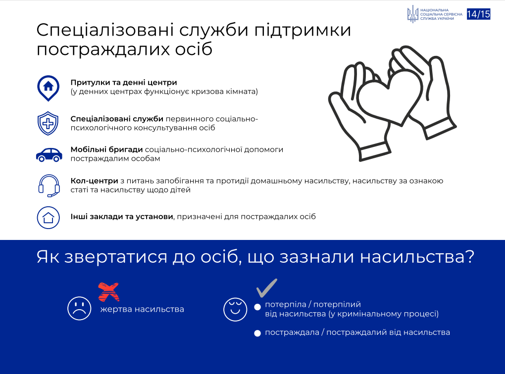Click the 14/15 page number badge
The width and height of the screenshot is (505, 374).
pyautogui.click(x=478, y=14)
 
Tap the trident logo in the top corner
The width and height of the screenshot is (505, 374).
pyautogui.click(x=412, y=14)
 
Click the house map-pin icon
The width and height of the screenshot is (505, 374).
pyautogui.click(x=49, y=88)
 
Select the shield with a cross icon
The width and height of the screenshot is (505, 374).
pyautogui.click(x=48, y=123)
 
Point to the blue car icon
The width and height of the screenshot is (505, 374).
pyautogui.click(x=49, y=154)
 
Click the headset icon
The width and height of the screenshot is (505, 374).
pyautogui.click(x=49, y=186)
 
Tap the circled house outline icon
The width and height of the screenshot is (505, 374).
pyautogui.click(x=49, y=218)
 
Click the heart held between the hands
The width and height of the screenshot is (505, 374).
pyautogui.click(x=390, y=97)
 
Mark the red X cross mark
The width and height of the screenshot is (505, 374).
pyautogui.click(x=108, y=291)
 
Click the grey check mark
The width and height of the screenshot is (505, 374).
pyautogui.click(x=267, y=288)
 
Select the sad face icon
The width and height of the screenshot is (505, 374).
pyautogui.click(x=79, y=308)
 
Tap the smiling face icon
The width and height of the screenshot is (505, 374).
pyautogui.click(x=235, y=309)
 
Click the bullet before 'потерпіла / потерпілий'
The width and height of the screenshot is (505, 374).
pyautogui.click(x=257, y=307)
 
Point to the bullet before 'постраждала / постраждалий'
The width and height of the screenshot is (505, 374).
pyautogui.click(x=257, y=333)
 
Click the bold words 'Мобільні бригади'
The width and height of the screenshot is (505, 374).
pyautogui.click(x=106, y=149)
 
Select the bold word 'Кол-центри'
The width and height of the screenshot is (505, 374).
pyautogui.click(x=95, y=181)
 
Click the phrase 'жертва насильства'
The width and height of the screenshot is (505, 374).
pyautogui.click(x=142, y=309)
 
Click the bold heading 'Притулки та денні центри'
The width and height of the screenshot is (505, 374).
pyautogui.click(x=124, y=83)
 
